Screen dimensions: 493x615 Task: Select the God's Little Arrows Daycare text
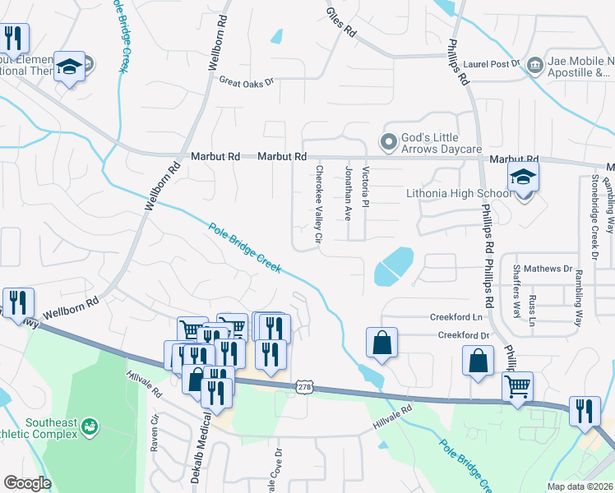pyautogui.click(x=441, y=143)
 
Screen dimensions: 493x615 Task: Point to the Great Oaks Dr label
pyautogui.click(x=245, y=81)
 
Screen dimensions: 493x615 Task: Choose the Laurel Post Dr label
pyautogui.click(x=492, y=62)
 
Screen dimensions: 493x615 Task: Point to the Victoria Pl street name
pyautogui.click(x=366, y=187)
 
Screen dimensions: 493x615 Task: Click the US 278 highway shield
pyautogui.click(x=304, y=385)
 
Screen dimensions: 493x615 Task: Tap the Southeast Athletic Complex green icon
pyautogui.click(x=89, y=427)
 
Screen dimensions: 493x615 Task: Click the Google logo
pyautogui.click(x=27, y=483)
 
